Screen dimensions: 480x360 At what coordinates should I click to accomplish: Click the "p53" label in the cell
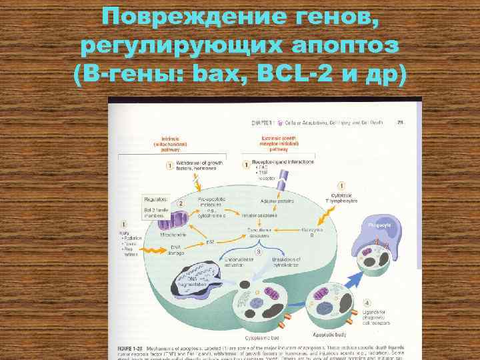tap(209, 241)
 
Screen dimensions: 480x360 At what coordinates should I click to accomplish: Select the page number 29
tap(401, 121)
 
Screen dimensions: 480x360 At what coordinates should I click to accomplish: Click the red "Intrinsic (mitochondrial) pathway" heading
tap(153, 145)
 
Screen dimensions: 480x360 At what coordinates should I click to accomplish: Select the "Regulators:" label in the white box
tap(155, 199)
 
